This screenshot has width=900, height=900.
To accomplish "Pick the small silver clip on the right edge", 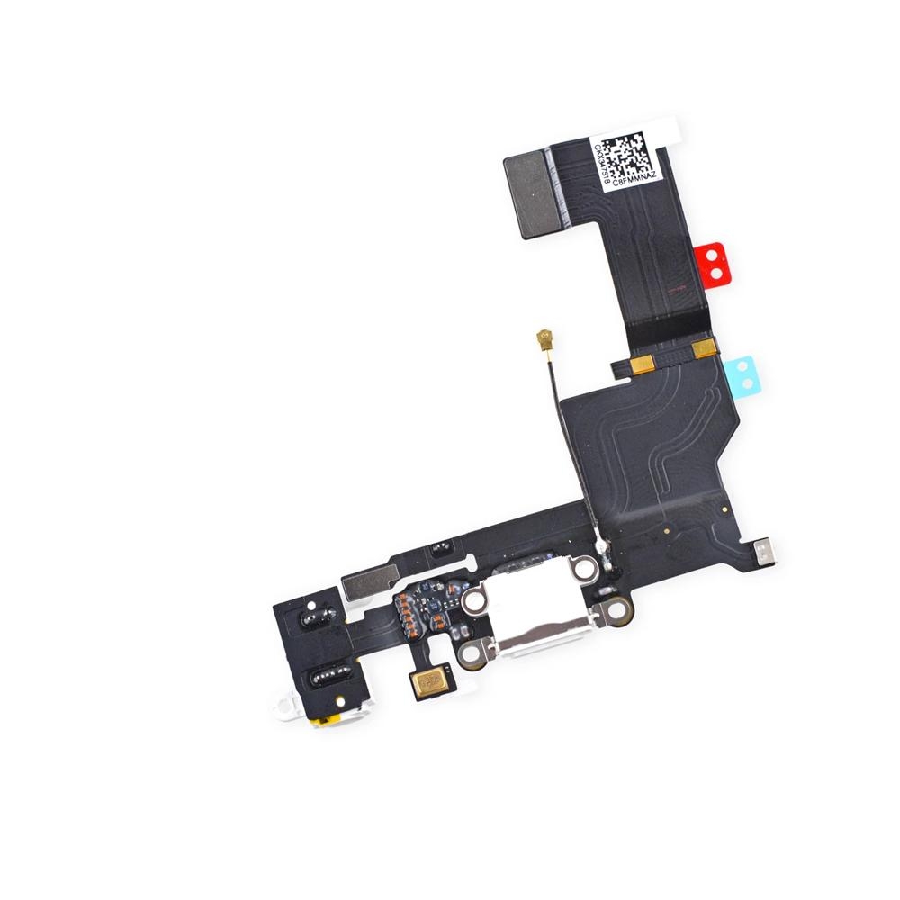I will pyautogui.click(x=763, y=552).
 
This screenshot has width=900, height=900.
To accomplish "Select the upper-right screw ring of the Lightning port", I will pyautogui.click(x=585, y=568).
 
